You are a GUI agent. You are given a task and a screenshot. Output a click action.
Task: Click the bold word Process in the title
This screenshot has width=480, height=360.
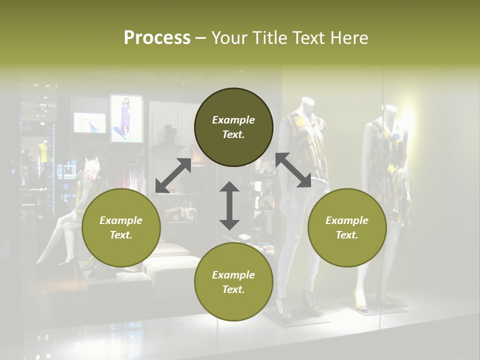point(157,38)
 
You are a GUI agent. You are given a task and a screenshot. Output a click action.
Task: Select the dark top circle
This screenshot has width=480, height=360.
point(233,127)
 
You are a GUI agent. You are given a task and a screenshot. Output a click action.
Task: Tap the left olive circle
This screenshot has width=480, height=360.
point(121,228)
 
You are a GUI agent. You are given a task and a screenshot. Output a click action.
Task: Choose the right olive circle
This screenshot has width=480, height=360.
point(347,228)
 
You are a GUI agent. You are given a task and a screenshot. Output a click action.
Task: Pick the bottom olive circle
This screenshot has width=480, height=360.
point(233,282)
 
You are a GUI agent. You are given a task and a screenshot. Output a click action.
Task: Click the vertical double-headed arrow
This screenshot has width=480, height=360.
point(229,205)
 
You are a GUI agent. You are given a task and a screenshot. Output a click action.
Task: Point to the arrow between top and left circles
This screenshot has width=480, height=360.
point(173,175)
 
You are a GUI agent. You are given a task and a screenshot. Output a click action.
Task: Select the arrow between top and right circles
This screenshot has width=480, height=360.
point(293,170)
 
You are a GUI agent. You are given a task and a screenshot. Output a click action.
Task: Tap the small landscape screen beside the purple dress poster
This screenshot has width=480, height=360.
point(90,123)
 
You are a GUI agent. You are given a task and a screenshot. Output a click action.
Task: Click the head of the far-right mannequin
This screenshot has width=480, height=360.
point(390,111)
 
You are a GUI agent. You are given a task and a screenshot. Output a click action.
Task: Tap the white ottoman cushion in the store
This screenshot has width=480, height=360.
point(172,267)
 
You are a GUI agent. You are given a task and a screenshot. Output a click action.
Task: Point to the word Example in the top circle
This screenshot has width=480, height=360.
point(233,120)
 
